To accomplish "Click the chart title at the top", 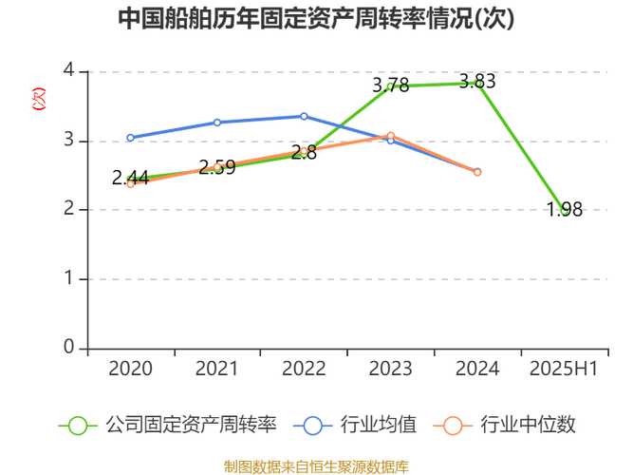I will [317, 19].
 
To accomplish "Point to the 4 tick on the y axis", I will [67, 70].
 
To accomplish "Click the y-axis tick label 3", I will [67, 140].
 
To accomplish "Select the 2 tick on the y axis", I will [67, 209].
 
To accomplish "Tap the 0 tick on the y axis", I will [67, 347].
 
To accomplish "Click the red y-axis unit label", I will [39, 99].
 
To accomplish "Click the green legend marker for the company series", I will [77, 425].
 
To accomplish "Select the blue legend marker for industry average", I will [313, 425].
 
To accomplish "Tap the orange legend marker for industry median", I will [454, 425].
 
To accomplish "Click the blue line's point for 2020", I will [130, 138].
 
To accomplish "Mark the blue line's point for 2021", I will [217, 122].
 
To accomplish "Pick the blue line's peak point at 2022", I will [304, 116].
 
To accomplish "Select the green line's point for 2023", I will [390, 86].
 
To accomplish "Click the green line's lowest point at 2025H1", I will [566, 208].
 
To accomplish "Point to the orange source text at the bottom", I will [316, 465].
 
